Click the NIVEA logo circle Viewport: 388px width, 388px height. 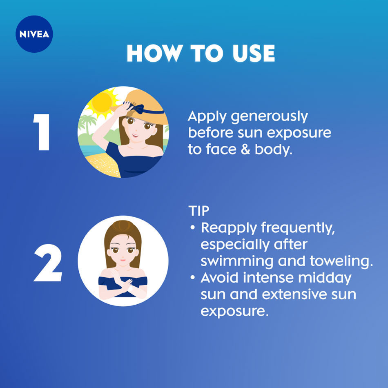34,34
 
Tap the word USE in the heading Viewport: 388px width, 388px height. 254,53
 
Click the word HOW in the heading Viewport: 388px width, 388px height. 154,53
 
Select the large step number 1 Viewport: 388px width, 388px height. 42,132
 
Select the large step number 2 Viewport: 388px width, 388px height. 48,263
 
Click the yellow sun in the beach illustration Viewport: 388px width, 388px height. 102,102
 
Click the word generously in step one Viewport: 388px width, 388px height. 269,117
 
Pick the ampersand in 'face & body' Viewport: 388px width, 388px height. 245,149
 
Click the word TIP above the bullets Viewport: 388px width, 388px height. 199,211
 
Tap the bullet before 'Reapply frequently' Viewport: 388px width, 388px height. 193,227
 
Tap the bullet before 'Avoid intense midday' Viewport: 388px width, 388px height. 193,277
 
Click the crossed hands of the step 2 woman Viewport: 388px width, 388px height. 125,285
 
